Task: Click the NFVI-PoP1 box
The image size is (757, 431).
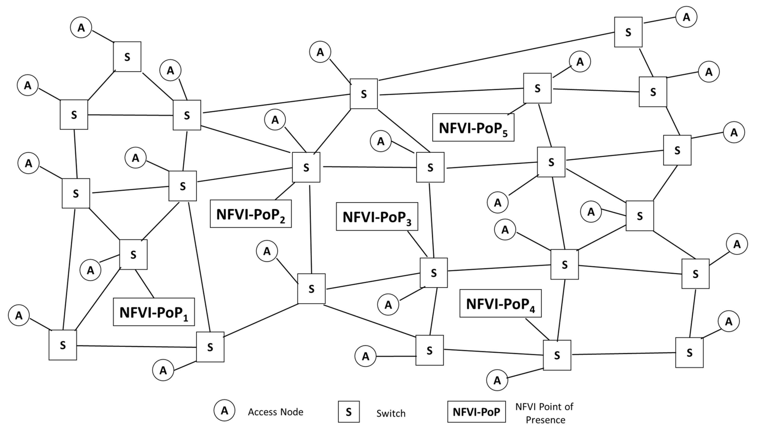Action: point(154,312)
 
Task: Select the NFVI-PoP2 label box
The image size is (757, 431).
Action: point(251,214)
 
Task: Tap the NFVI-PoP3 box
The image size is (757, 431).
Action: point(377,216)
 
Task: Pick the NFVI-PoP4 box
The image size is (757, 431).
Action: point(500,303)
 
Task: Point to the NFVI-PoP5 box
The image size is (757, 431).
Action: point(473,127)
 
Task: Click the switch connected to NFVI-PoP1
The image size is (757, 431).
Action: point(133,255)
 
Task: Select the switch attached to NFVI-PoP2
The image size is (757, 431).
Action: point(306,167)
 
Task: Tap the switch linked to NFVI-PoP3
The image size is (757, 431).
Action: point(433,273)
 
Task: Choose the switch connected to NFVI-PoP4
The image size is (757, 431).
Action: point(557,355)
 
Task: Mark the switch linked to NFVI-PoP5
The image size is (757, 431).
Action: point(537,88)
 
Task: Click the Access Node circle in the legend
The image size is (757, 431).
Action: point(224,411)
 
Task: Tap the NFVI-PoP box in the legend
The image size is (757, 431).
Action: point(476,412)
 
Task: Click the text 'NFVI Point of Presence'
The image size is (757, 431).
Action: point(544,413)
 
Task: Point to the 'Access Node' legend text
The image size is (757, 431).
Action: point(275,412)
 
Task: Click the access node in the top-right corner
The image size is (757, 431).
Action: point(686,17)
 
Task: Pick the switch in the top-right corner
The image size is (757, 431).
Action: point(628,32)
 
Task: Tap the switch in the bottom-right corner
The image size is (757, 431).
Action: point(689,353)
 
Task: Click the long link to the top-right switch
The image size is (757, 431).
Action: point(497,56)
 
